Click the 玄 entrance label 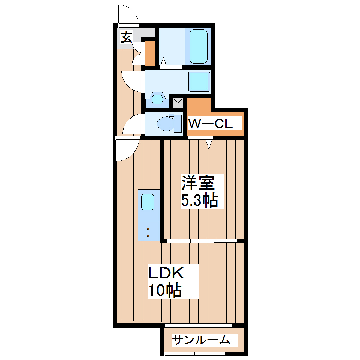point(126,37)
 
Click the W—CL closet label point(210,124)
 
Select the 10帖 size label point(164,290)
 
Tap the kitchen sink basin point(148,202)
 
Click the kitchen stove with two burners point(148,232)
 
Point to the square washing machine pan point(199,81)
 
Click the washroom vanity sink point(157,98)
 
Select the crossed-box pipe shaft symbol point(178,103)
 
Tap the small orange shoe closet point(150,54)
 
